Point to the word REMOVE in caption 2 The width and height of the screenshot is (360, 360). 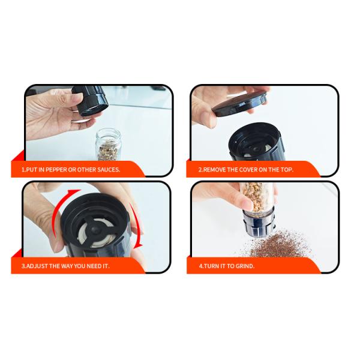coord(217,170)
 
